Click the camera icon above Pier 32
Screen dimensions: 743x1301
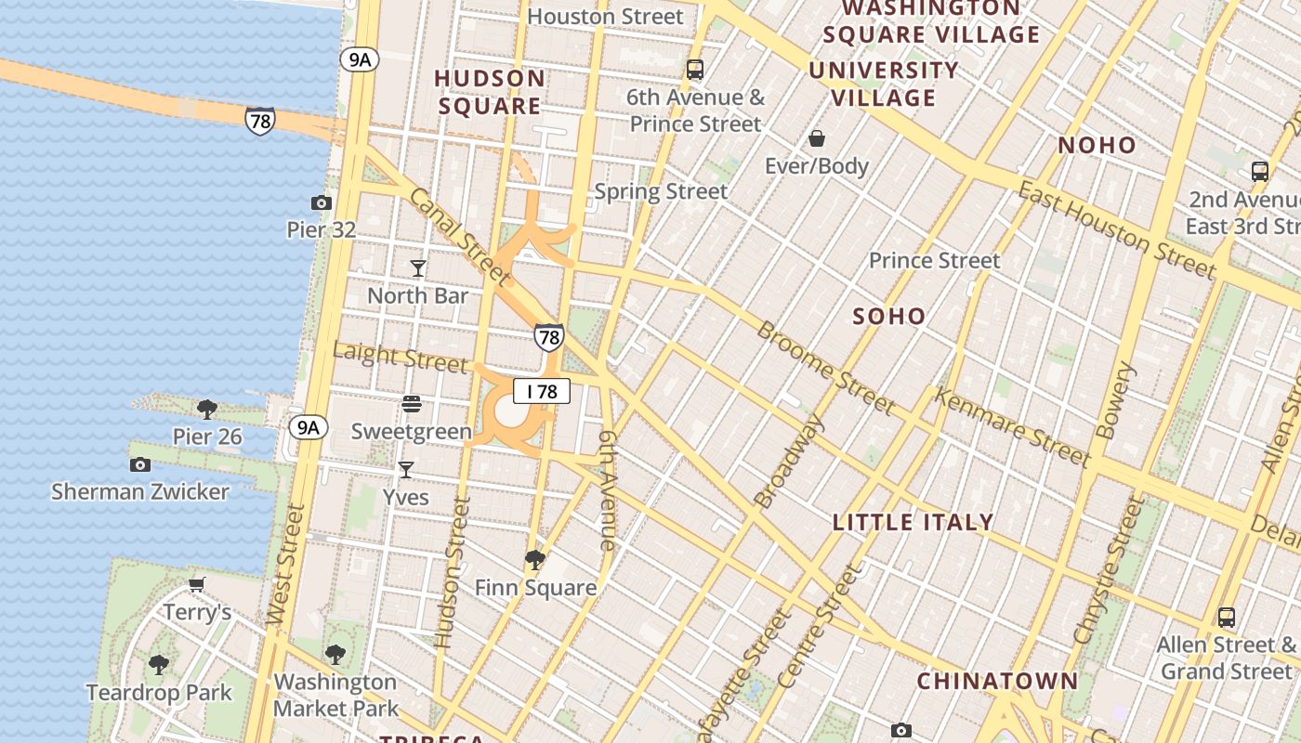(x=321, y=202)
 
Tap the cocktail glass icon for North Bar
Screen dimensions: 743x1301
(x=418, y=268)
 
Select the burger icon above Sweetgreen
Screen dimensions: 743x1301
(x=412, y=403)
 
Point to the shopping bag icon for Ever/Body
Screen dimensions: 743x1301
(x=817, y=139)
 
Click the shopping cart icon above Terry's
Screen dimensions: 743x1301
(x=196, y=584)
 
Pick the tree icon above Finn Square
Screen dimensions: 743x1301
(x=534, y=559)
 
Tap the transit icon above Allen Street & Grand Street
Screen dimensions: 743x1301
(x=1227, y=617)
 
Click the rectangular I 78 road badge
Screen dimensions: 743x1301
(x=542, y=392)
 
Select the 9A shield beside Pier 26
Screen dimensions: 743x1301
(x=308, y=427)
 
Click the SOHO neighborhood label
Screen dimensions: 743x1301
(x=889, y=317)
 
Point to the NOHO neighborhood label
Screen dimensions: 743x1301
(x=1097, y=145)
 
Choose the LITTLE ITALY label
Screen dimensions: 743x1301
(x=913, y=522)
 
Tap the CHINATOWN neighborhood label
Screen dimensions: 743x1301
(x=997, y=681)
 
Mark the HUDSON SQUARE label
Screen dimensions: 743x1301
(x=490, y=92)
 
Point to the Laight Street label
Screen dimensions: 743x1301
(x=400, y=357)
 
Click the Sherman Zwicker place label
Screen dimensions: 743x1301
(x=140, y=491)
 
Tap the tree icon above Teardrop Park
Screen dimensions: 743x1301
(x=159, y=665)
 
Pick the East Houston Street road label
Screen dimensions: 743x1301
(x=1115, y=229)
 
